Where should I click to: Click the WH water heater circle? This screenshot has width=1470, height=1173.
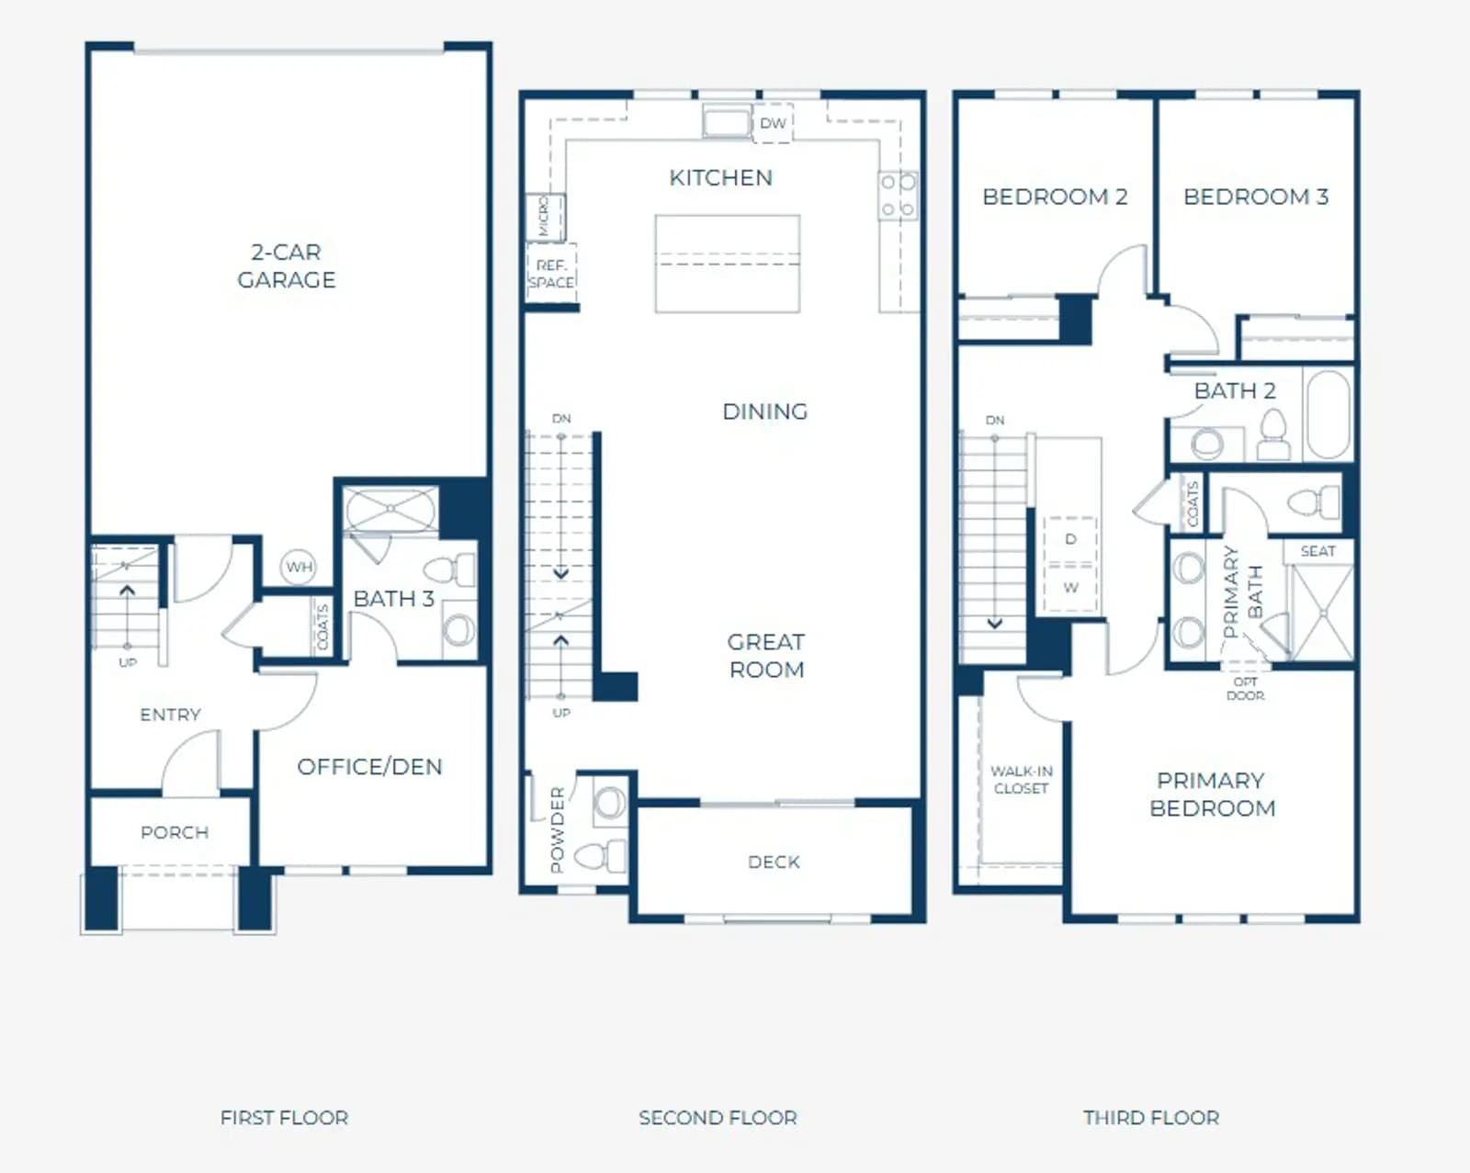[299, 567]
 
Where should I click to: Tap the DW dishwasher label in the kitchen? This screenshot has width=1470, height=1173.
[773, 124]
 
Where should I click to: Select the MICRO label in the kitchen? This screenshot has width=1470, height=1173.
[544, 217]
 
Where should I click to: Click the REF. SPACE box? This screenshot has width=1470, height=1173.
[552, 273]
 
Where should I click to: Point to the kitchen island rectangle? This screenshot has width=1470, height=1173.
[728, 264]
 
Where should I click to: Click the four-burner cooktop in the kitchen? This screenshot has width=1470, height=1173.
[898, 196]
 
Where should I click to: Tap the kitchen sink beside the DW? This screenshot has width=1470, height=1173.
[727, 121]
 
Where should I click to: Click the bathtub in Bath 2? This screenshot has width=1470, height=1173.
[1329, 414]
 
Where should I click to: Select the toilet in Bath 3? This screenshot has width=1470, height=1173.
[451, 570]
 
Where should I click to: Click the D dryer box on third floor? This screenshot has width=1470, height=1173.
[1070, 540]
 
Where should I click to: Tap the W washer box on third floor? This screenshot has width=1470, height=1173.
[1070, 588]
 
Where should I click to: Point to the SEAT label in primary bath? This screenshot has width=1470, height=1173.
[1317, 551]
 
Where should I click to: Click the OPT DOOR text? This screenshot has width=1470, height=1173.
[1245, 689]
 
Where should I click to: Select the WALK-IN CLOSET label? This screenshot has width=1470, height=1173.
[1022, 780]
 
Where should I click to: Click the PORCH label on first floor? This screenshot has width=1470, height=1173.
[175, 832]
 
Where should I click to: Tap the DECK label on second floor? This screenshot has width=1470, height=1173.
[774, 863]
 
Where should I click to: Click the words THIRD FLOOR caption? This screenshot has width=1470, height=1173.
[1151, 1118]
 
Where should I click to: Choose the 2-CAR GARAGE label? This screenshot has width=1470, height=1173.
[287, 265]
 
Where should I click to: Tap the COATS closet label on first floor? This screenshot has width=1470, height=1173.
[322, 627]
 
